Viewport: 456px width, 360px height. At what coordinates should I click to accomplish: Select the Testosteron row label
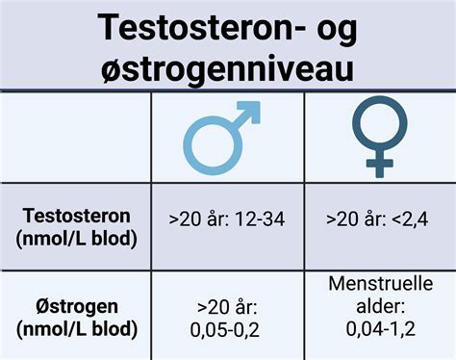click(x=75, y=217)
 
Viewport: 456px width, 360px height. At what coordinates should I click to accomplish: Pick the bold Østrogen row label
click(x=75, y=307)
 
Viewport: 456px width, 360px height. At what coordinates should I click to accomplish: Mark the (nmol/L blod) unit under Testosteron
click(x=75, y=238)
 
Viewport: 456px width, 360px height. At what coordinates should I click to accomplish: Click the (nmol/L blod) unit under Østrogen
click(x=75, y=329)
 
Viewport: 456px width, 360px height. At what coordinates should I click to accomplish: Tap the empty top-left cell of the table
click(x=75, y=140)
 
